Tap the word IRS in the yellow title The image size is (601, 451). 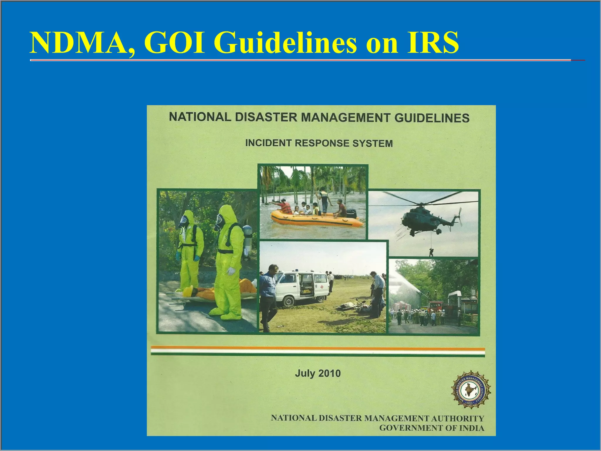[433, 43]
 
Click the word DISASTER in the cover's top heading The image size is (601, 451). [266, 117]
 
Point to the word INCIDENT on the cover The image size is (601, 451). [268, 143]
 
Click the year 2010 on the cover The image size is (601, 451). [330, 373]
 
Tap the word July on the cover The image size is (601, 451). [305, 373]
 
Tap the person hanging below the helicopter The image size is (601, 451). [431, 252]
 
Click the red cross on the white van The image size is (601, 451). [322, 287]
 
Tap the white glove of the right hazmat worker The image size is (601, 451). [231, 271]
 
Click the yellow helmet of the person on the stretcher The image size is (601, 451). [188, 292]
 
